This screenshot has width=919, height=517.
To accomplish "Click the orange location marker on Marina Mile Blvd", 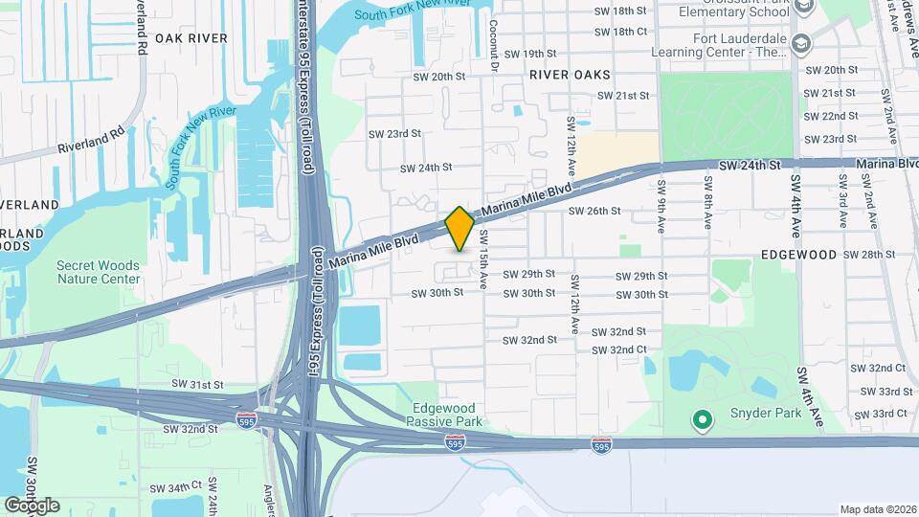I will click(459, 228).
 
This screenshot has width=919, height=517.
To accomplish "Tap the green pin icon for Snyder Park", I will click(702, 419).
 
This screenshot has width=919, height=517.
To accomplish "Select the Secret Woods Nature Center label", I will click(98, 272).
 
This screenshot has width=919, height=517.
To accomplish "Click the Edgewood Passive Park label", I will click(445, 415).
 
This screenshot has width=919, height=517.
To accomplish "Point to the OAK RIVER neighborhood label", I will click(191, 38).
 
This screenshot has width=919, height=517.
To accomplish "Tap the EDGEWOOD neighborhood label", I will click(799, 255).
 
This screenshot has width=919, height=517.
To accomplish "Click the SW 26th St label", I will click(594, 211).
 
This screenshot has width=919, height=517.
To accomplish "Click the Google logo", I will click(31, 506).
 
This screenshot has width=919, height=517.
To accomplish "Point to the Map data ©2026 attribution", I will click(877, 509).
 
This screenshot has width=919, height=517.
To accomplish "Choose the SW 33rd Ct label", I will click(884, 414).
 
